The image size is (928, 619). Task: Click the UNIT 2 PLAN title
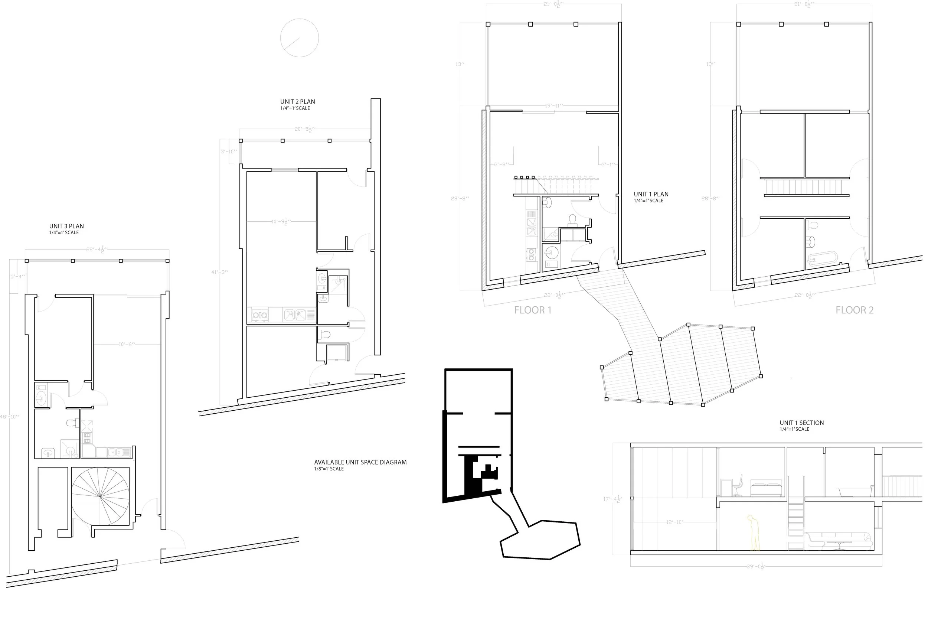pyautogui.click(x=297, y=102)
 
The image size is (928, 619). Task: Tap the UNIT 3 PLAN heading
pyautogui.click(x=66, y=226)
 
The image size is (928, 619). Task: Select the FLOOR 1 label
pyautogui.click(x=533, y=310)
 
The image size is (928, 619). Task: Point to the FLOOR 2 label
pyautogui.click(x=855, y=310)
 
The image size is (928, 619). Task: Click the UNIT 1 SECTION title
pyautogui.click(x=802, y=423)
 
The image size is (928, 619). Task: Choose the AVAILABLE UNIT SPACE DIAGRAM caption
pyautogui.click(x=360, y=462)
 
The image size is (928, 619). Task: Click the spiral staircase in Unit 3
pyautogui.click(x=100, y=496)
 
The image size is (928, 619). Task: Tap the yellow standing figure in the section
pyautogui.click(x=754, y=533)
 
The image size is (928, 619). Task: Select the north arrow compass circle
pyautogui.click(x=300, y=38)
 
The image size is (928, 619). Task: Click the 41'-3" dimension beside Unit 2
pyautogui.click(x=220, y=272)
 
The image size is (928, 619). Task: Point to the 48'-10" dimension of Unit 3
pyautogui.click(x=10, y=417)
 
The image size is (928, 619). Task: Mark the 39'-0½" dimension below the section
pyautogui.click(x=756, y=567)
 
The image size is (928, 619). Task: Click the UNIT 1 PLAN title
pyautogui.click(x=651, y=194)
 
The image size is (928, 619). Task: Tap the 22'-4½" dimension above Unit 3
pyautogui.click(x=97, y=250)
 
